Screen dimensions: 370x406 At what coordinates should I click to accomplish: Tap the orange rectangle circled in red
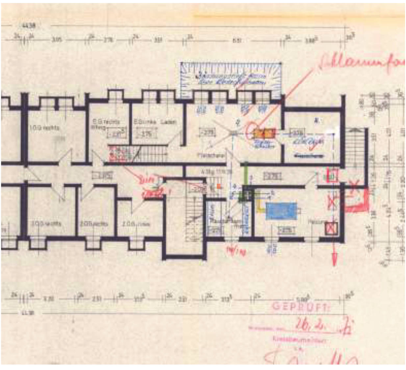(x=265, y=133)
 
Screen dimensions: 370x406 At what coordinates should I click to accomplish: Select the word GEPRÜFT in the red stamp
(x=300, y=306)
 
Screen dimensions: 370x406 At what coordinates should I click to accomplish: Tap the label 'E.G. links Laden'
(x=155, y=122)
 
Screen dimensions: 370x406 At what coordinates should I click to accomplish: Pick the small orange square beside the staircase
(x=219, y=186)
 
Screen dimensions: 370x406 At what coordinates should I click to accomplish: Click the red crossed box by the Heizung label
(x=331, y=228)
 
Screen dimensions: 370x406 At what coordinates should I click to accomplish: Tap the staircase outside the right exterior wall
(x=355, y=146)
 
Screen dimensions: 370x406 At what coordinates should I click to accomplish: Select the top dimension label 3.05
(x=57, y=40)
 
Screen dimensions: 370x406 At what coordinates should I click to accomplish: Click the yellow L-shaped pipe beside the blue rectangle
(x=260, y=207)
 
